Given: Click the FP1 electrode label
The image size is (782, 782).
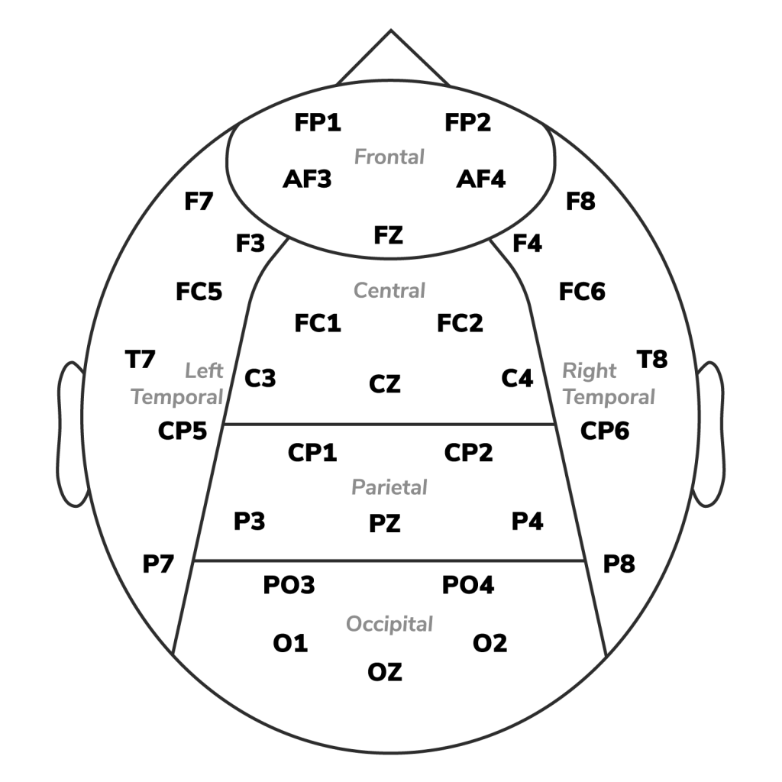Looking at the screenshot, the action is click(318, 123).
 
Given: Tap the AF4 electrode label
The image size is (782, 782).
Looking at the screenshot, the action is click(481, 179).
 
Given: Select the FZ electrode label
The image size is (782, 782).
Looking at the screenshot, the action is click(389, 235).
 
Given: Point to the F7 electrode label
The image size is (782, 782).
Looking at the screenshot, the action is click(199, 202).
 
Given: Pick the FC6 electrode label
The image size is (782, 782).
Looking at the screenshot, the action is click(582, 292).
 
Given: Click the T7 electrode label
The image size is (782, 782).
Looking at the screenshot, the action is click(141, 360).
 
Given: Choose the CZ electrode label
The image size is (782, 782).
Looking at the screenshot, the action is click(385, 384).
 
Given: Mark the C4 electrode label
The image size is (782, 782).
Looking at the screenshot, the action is click(517, 379).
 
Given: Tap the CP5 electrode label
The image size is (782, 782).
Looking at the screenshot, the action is click(183, 431).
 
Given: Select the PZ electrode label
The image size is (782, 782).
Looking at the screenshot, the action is click(385, 524).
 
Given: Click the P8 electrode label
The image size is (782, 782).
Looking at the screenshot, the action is click(619, 564).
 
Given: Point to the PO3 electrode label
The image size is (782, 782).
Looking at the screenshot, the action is click(289, 585).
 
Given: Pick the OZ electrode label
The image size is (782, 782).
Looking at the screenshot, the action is click(385, 672).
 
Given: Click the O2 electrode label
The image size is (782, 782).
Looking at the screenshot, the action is click(490, 643).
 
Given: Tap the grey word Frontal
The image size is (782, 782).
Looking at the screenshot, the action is click(389, 157).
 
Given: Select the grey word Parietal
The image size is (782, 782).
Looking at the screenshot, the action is click(389, 487).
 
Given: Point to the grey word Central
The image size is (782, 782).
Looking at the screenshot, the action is click(389, 291).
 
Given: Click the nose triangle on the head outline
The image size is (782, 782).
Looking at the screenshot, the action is click(391, 31).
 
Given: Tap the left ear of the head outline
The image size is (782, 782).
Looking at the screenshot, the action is click(59, 434).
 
